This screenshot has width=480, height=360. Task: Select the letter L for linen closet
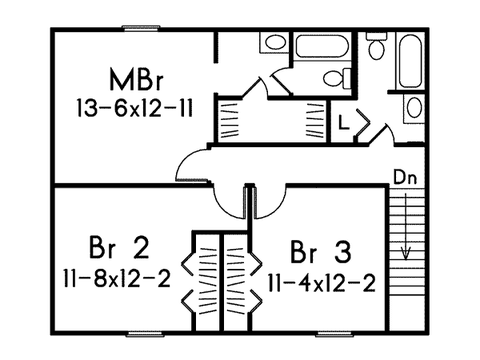342,125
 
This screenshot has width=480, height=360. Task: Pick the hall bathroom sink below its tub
414,107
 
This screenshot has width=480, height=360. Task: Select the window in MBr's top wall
144,30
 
